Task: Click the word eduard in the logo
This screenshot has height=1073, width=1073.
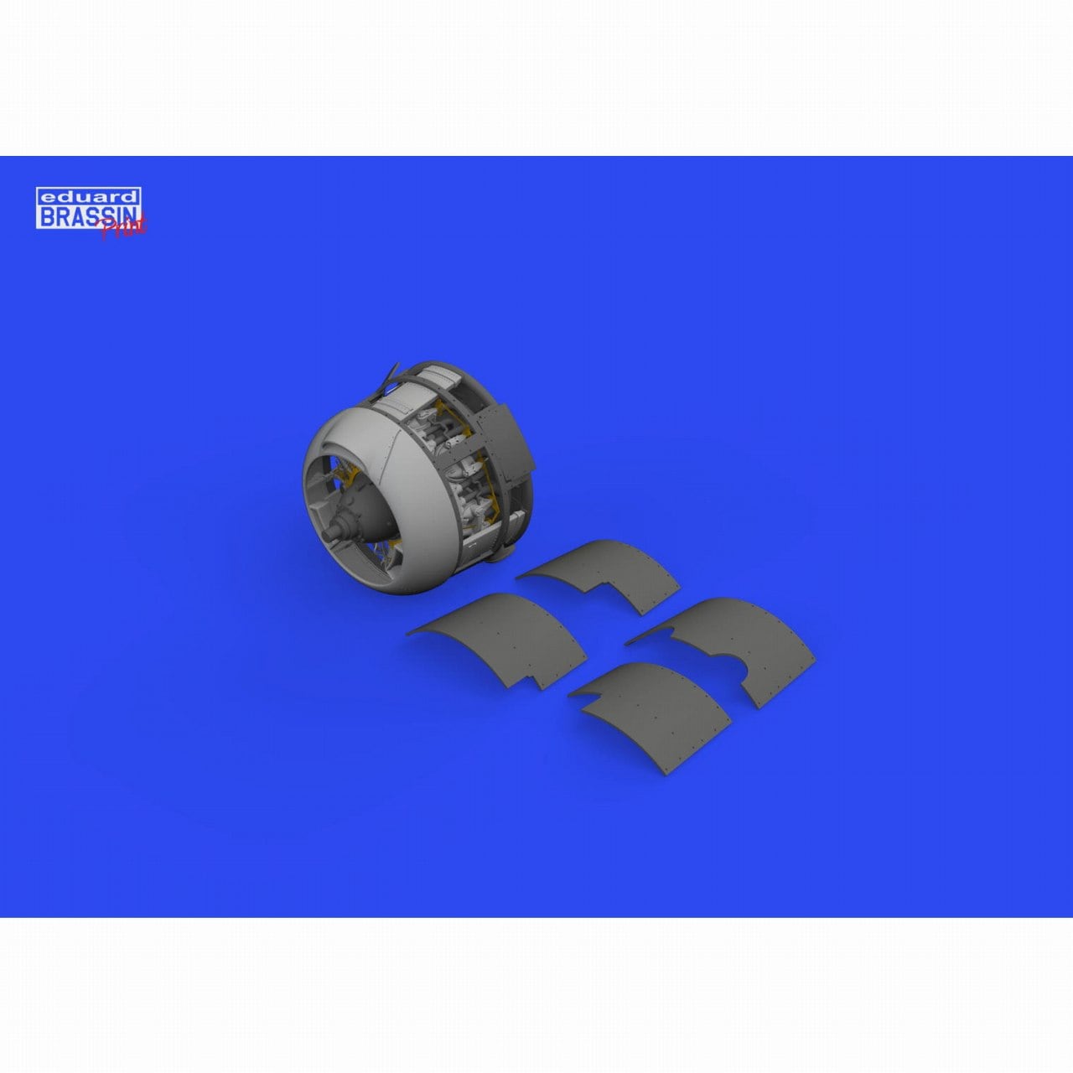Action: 88,196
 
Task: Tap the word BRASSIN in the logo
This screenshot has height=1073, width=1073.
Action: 88,215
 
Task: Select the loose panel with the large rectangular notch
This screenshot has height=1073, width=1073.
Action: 599,573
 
